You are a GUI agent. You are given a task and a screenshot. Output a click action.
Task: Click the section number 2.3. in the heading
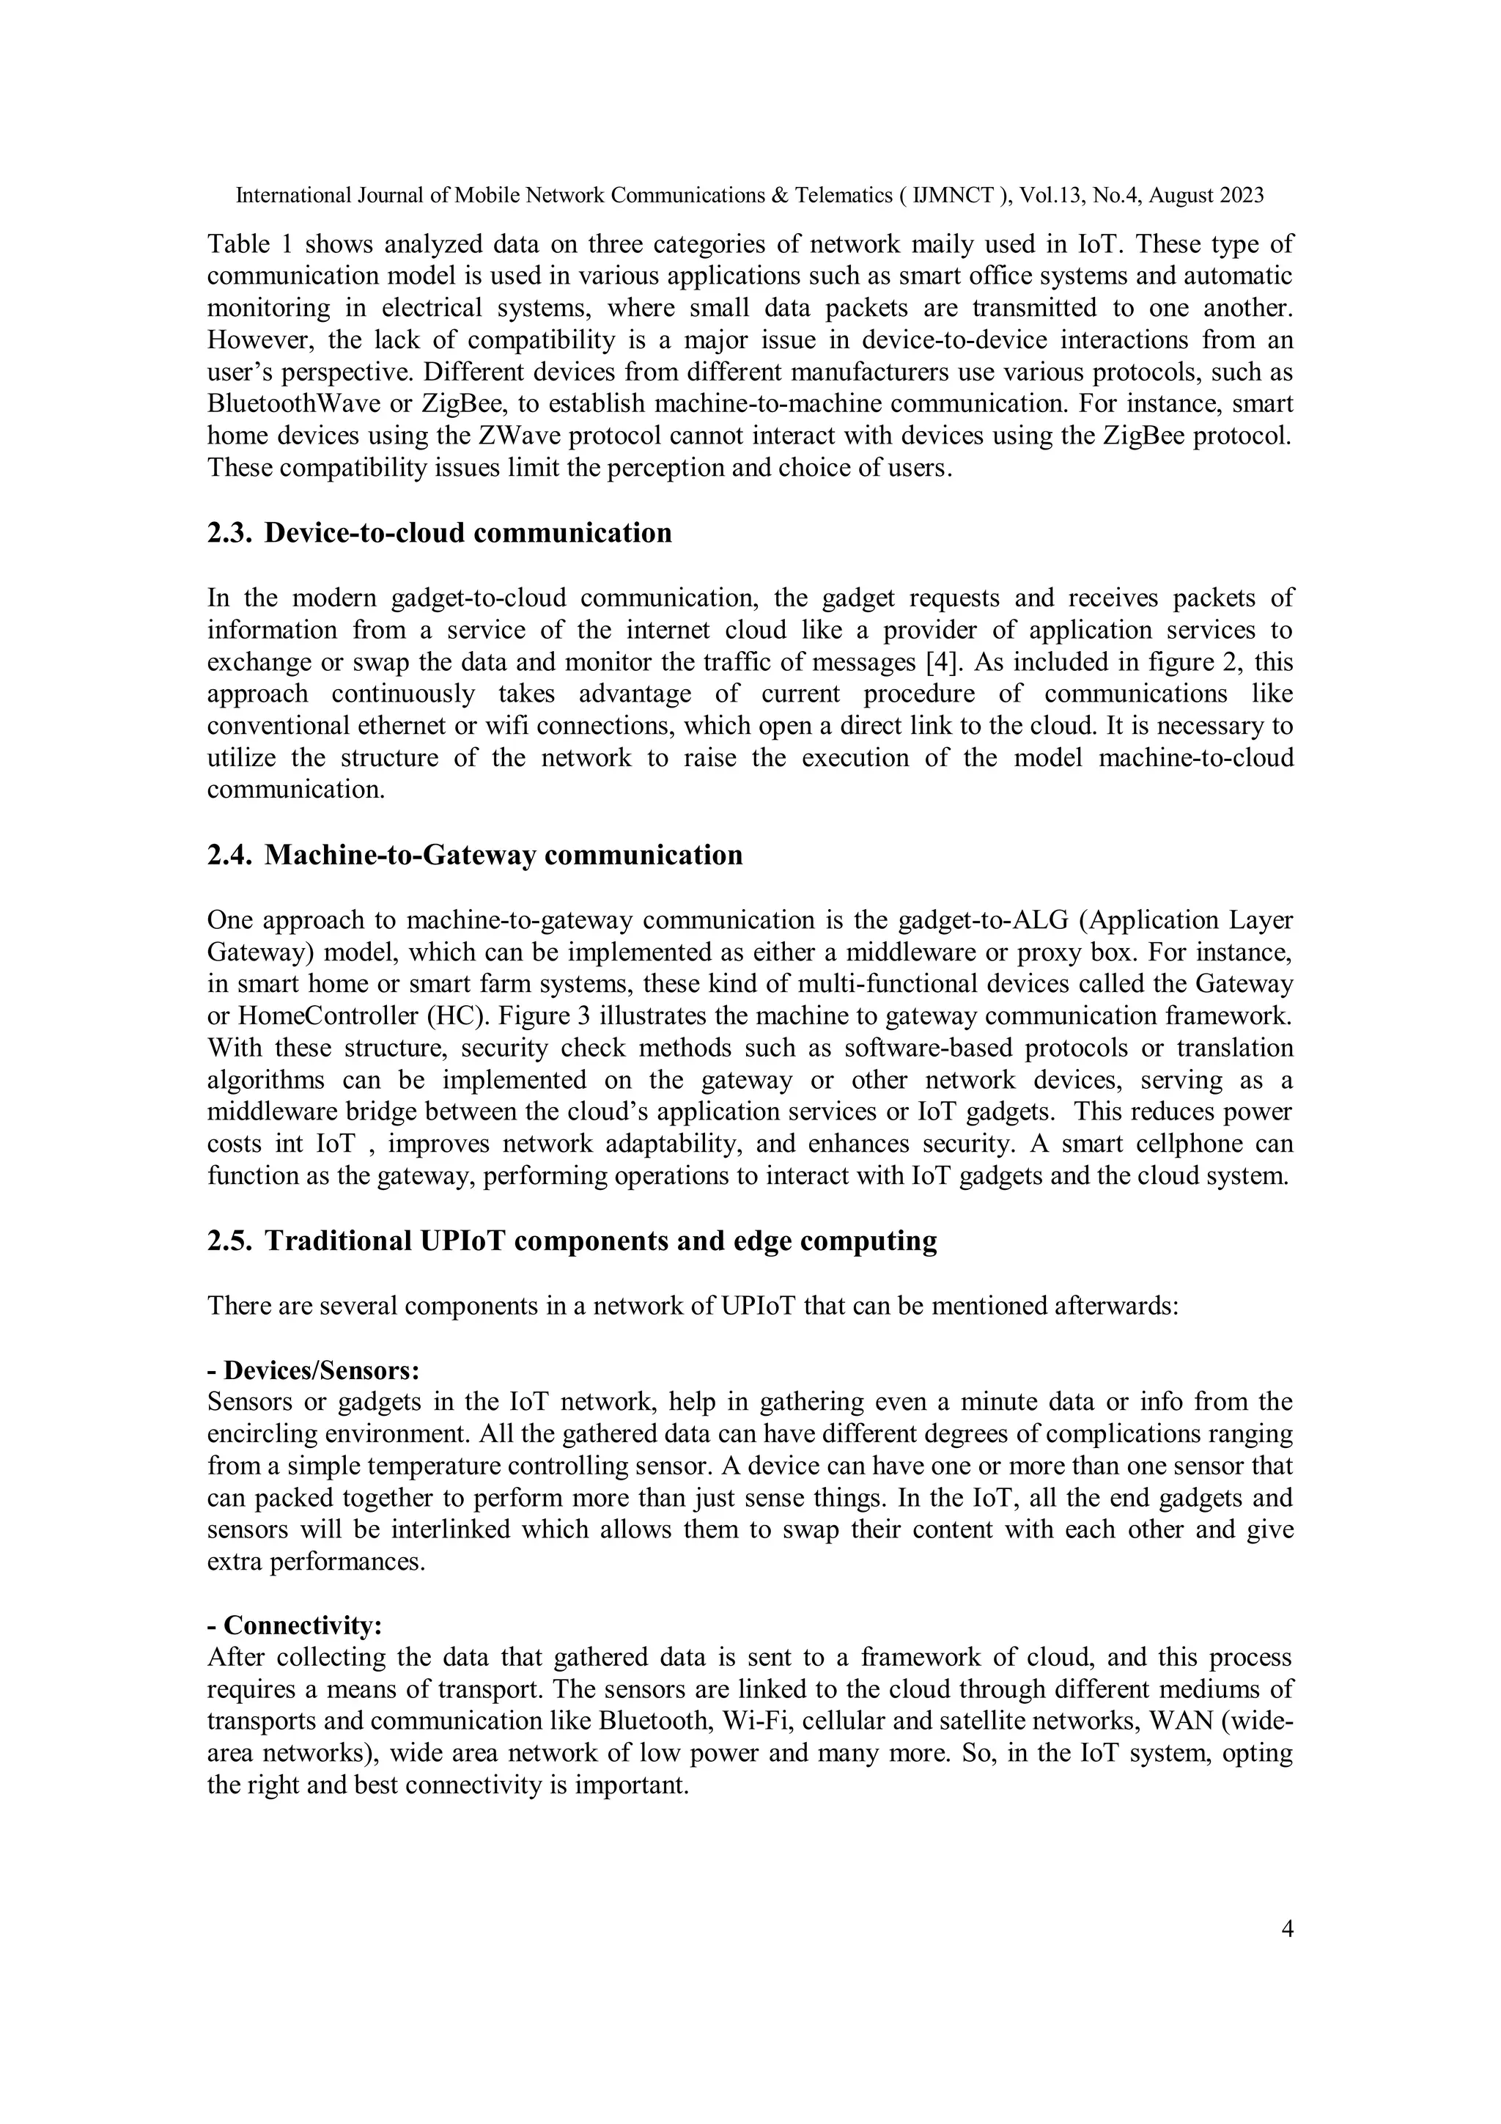pyautogui.click(x=229, y=534)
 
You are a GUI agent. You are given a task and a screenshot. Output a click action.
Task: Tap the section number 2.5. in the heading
pyautogui.click(x=229, y=1241)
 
